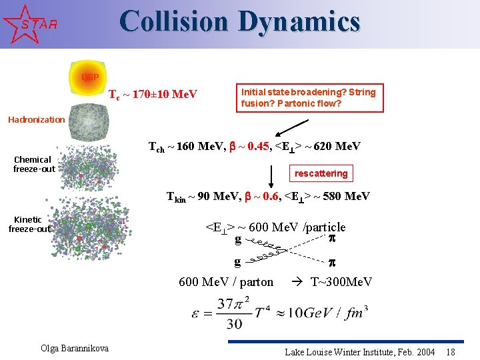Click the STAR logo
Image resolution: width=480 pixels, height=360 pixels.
click(27, 23)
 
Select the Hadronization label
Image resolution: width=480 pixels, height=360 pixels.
click(36, 120)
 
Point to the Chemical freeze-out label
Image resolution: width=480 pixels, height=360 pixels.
click(33, 164)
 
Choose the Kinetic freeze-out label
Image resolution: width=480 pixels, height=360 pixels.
click(29, 224)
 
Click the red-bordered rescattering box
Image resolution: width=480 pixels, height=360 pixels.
click(321, 173)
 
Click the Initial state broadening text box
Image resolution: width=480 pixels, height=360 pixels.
click(308, 98)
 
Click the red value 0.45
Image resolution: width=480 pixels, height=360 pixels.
click(257, 146)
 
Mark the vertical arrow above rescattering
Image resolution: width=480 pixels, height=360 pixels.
click(272, 176)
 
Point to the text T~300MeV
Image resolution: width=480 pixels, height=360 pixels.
click(341, 282)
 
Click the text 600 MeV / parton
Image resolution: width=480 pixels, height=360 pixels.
click(226, 282)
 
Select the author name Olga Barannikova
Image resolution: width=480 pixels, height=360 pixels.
click(75, 349)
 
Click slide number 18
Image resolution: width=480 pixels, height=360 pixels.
click(451, 351)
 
